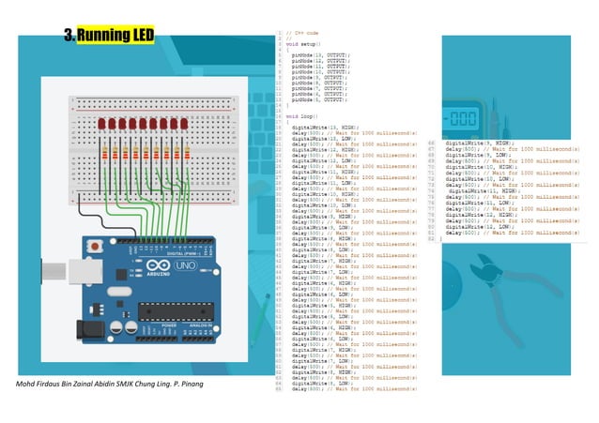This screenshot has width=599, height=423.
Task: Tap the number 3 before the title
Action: pyautogui.click(x=69, y=36)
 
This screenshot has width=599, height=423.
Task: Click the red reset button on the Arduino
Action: pyautogui.click(x=94, y=246)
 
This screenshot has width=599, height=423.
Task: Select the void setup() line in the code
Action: pyautogui.click(x=303, y=44)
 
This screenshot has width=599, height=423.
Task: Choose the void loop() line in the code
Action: pyautogui.click(x=302, y=115)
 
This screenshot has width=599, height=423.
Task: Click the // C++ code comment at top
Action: pyautogui.click(x=301, y=33)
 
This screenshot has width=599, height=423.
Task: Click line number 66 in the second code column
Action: pyautogui.click(x=430, y=143)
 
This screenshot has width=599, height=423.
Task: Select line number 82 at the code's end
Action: pyautogui.click(x=430, y=238)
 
